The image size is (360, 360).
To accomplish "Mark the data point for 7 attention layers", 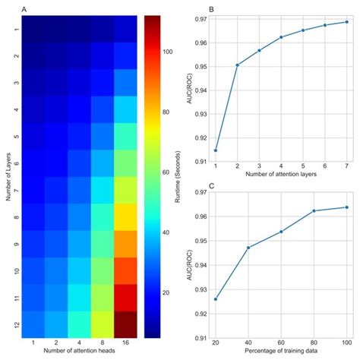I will (346, 21).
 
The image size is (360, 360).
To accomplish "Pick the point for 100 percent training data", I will (346, 207).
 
